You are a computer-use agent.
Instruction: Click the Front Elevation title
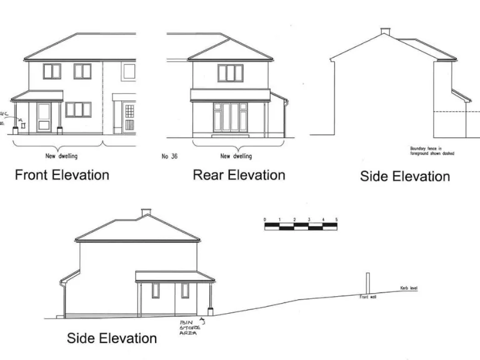pyautogui.click(x=61, y=175)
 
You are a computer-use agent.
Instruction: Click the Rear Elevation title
pyautogui.click(x=239, y=175)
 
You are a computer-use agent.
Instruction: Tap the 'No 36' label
pyautogui.click(x=169, y=156)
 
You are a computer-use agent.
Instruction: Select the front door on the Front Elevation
pyautogui.click(x=44, y=116)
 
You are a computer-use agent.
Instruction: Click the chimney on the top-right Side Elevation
pyautogui.click(x=385, y=31)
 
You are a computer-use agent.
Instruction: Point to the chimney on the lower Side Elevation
pyautogui.click(x=146, y=212)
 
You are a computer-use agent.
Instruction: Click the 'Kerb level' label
pyautogui.click(x=409, y=289)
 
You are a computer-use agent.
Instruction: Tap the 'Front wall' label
pyautogui.click(x=367, y=297)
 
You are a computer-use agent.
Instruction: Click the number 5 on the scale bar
pyautogui.click(x=336, y=220)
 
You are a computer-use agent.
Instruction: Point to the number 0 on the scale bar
pyautogui.click(x=265, y=220)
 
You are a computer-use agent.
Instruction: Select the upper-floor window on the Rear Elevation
pyautogui.click(x=230, y=73)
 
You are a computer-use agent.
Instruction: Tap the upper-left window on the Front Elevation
pyautogui.click(x=52, y=71)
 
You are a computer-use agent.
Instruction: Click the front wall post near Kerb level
pyautogui.click(x=367, y=284)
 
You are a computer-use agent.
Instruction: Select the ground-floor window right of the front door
pyautogui.click(x=79, y=109)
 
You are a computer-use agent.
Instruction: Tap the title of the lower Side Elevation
pyautogui.click(x=112, y=338)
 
